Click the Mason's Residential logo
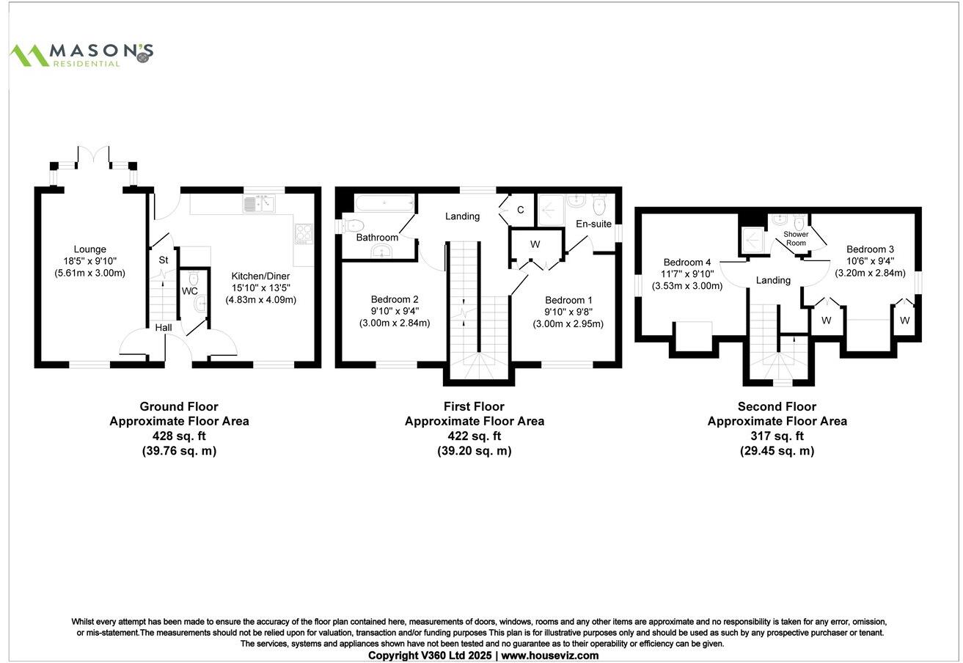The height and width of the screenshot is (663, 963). tap(81, 54)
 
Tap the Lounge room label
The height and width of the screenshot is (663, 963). tap(89, 249)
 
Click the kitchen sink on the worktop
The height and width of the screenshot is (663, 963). tap(260, 203)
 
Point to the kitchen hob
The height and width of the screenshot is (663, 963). tap(304, 233)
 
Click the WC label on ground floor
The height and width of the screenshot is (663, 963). tap(189, 291)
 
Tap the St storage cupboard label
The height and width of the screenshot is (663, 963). tap(163, 260)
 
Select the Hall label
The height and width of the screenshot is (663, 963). tap(163, 328)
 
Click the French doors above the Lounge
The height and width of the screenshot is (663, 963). tap(93, 155)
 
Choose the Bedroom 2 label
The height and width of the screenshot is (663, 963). tap(395, 299)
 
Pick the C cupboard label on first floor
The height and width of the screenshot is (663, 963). tap(520, 210)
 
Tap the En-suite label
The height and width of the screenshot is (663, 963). tap(593, 224)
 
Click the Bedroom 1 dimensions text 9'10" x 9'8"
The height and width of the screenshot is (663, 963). tap(568, 312)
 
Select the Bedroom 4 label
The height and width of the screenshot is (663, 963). tap(687, 263)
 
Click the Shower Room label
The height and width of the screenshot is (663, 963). tap(796, 238)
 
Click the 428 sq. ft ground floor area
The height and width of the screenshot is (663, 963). tap(179, 436)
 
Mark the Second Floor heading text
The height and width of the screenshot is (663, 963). tap(777, 406)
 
